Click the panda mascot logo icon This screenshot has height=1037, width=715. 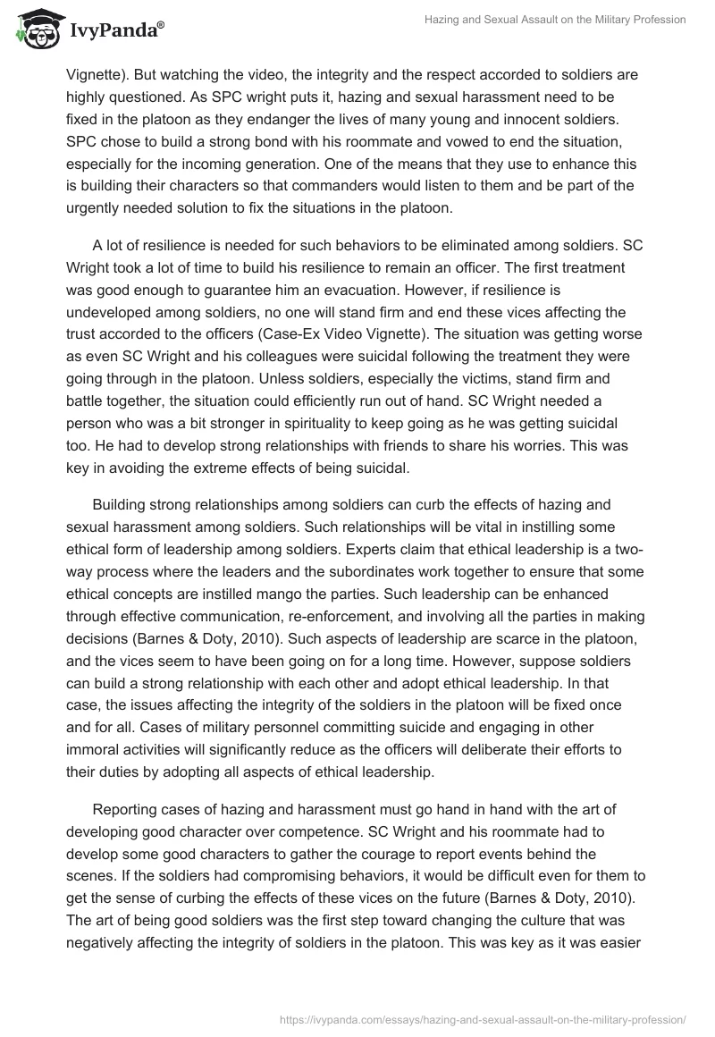(x=35, y=29)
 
